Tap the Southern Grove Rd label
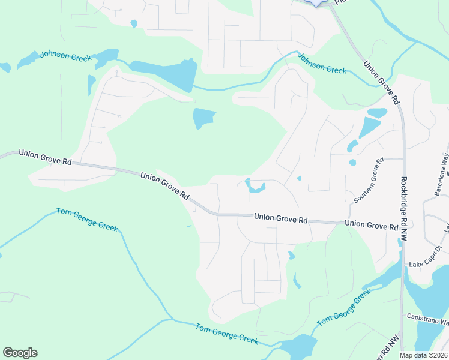tap(368, 179)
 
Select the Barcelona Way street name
tap(443, 175)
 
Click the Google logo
tap(20, 353)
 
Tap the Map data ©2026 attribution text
tap(423, 355)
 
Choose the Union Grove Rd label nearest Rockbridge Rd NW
tap(372, 226)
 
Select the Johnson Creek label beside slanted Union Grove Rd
tap(322, 65)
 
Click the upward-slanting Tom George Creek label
tap(344, 307)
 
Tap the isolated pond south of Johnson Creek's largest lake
tap(203, 118)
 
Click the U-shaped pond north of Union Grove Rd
tap(255, 187)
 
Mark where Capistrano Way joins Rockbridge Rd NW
tap(403, 319)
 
